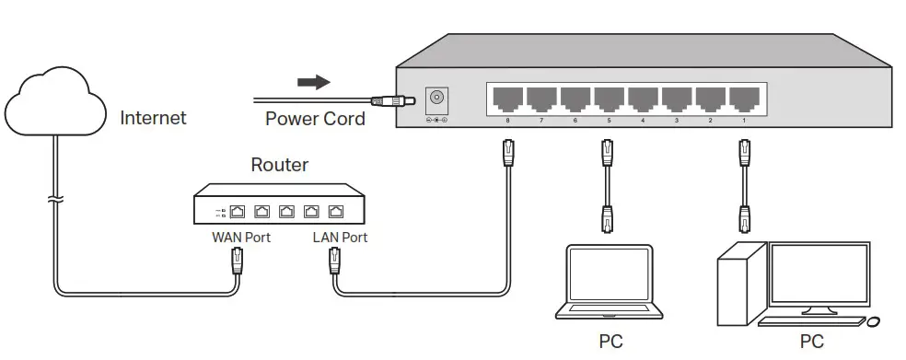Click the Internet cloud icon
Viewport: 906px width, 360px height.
pos(56,107)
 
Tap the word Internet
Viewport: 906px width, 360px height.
pos(153,118)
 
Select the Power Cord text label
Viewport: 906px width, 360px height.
pos(315,119)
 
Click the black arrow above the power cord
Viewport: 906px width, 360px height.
pos(314,83)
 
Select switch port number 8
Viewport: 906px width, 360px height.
pos(507,97)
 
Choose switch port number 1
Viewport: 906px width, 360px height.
pos(743,97)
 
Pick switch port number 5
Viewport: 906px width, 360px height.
pos(608,97)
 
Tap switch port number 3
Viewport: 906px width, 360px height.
pos(676,97)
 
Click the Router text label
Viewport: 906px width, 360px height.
pos(280,166)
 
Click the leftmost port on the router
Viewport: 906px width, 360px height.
pos(237,211)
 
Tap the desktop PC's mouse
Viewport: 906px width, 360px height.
pos(872,322)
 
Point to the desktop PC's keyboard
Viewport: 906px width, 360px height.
pos(810,322)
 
